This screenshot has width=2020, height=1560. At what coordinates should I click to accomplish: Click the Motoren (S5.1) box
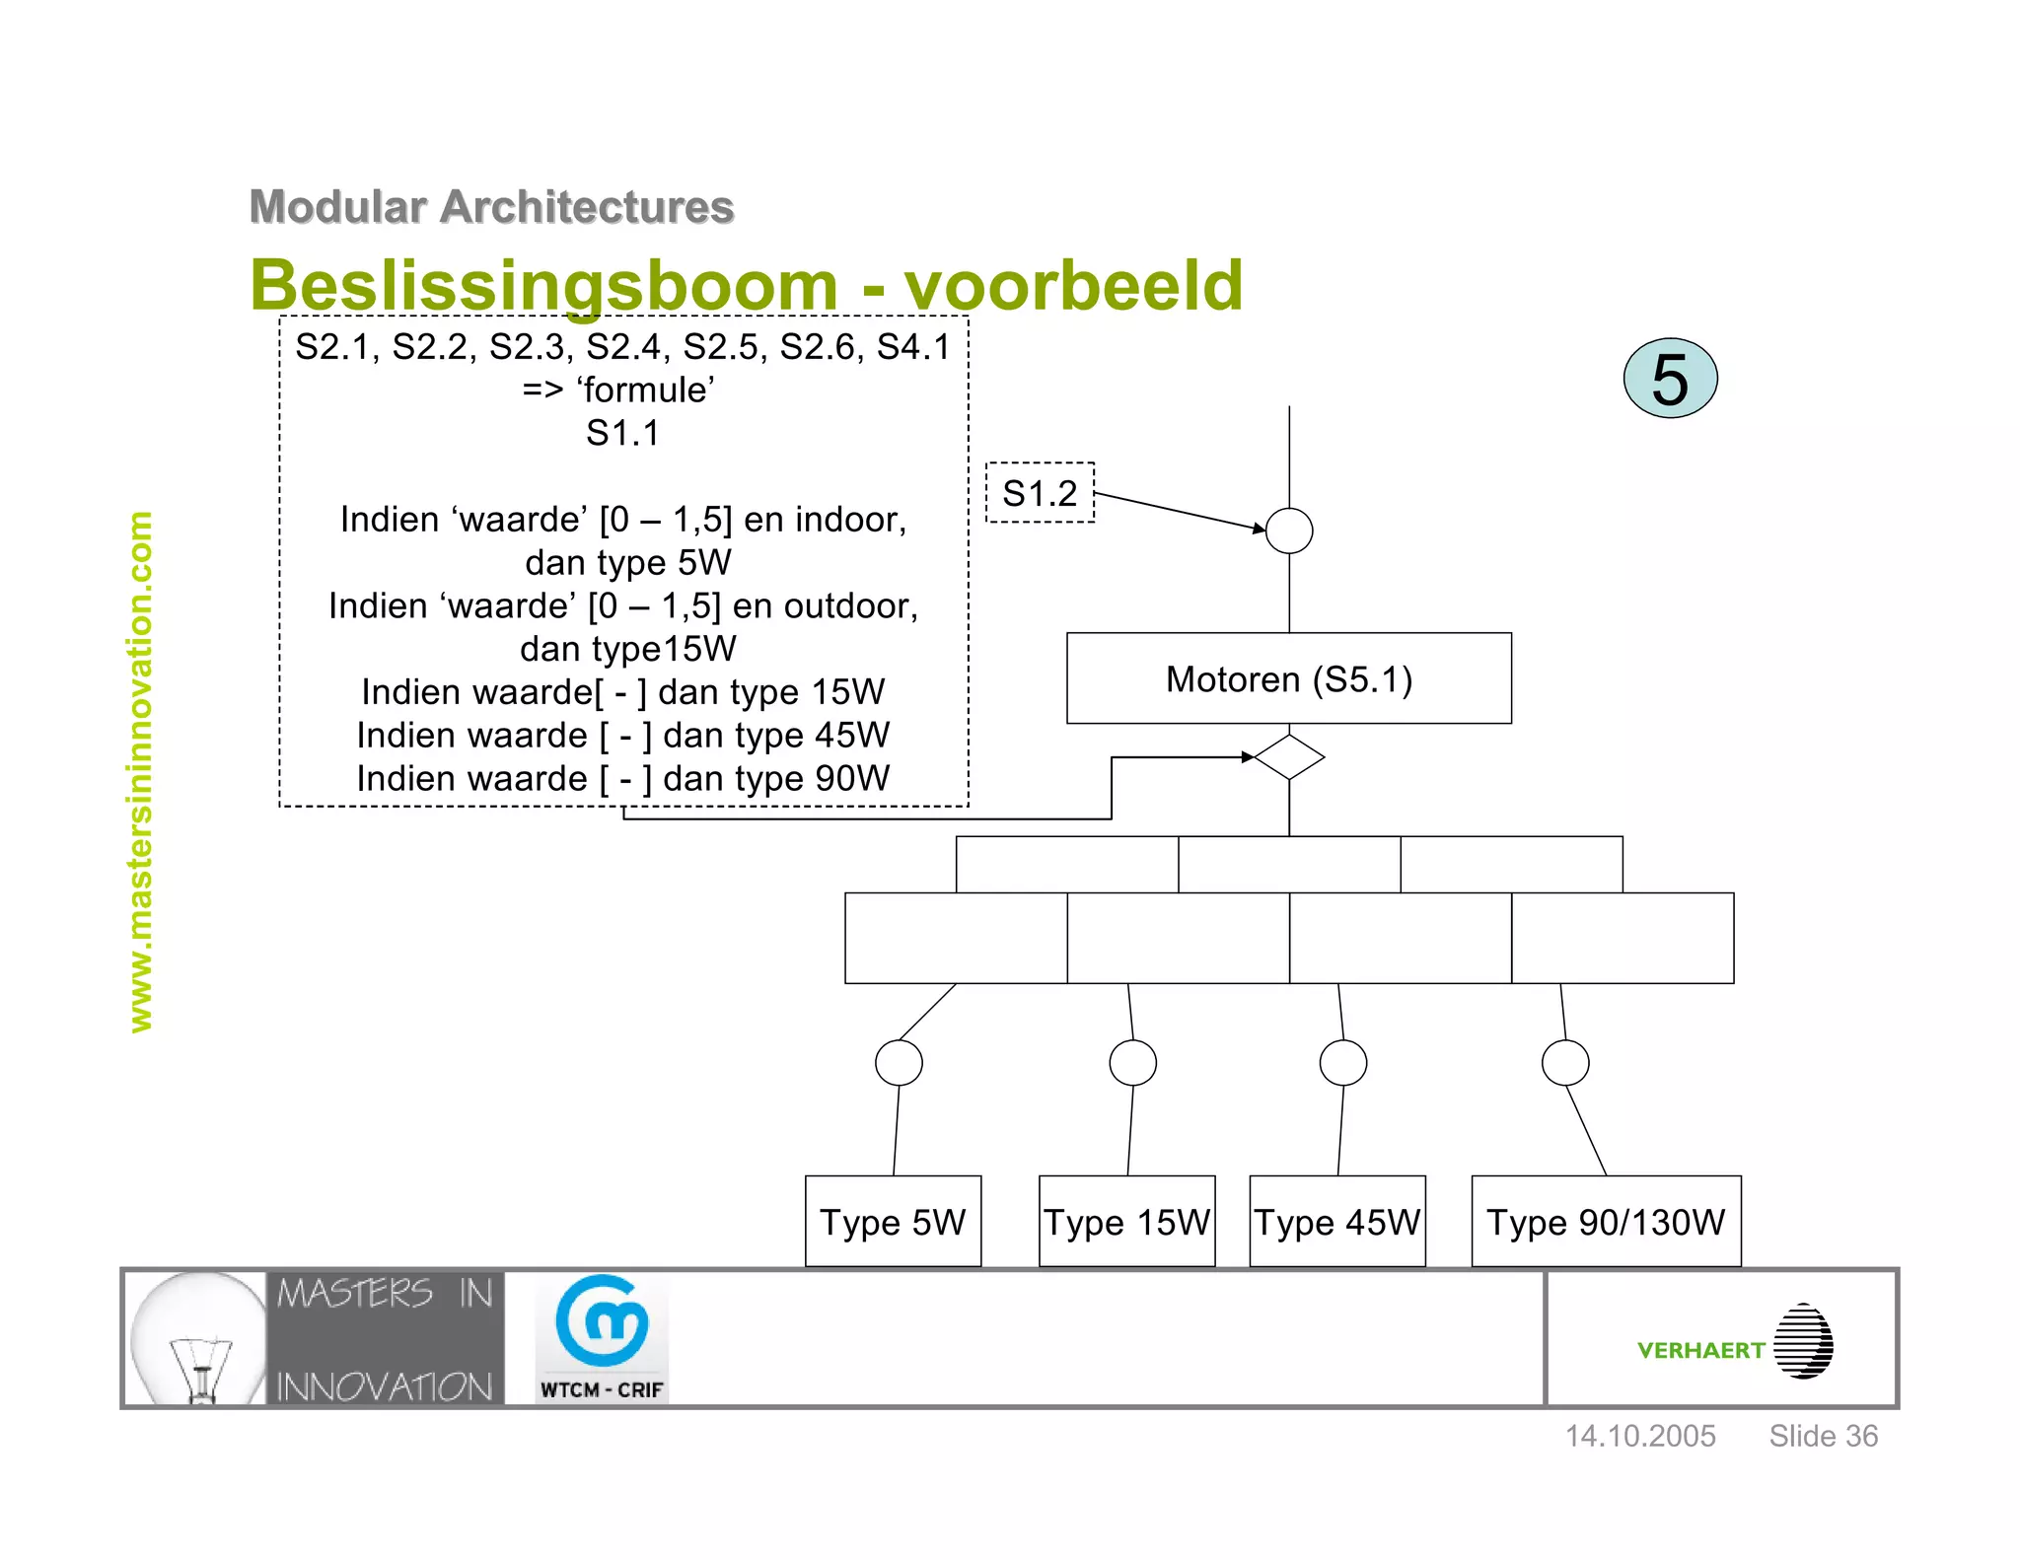[x=1288, y=678]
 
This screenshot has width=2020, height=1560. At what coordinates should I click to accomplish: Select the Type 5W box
[x=893, y=1221]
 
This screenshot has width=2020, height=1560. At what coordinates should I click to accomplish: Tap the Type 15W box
[x=1126, y=1221]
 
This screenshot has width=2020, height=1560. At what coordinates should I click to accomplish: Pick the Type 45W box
[x=1336, y=1221]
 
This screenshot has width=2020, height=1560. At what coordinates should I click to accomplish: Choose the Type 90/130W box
[x=1606, y=1221]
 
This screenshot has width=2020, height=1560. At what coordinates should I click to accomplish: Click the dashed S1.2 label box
[x=1040, y=492]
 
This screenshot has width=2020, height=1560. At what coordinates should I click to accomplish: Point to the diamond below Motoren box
[x=1289, y=756]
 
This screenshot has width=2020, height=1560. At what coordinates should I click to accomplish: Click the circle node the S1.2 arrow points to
[x=1289, y=531]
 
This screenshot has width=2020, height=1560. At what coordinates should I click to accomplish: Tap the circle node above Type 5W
[x=899, y=1062]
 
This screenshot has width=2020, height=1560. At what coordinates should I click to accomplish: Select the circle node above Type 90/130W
[x=1565, y=1062]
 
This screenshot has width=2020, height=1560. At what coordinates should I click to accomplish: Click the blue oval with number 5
[x=1670, y=378]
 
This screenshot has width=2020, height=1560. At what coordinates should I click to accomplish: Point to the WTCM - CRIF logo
[x=602, y=1337]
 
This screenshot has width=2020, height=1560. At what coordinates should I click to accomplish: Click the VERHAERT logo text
[x=1700, y=1350]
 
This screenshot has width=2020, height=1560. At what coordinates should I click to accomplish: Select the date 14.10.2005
[x=1640, y=1436]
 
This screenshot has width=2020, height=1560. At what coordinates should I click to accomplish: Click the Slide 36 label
[x=1823, y=1436]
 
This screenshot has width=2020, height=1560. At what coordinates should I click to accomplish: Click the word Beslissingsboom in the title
[x=543, y=285]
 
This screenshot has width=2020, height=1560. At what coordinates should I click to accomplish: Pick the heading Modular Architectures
[x=491, y=207]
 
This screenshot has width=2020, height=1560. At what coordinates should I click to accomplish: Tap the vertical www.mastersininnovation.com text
[x=141, y=771]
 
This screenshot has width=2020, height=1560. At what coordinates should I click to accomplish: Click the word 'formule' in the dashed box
[x=646, y=390]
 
